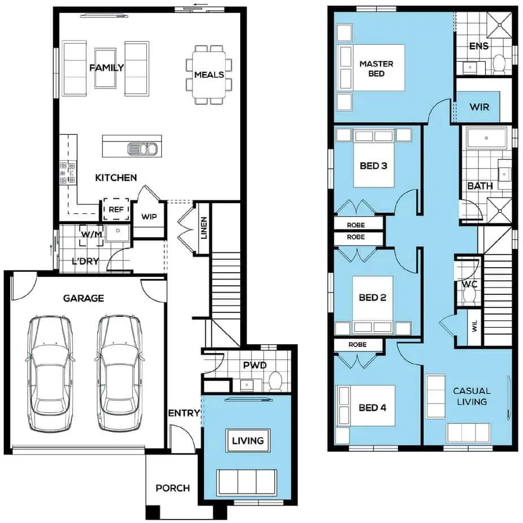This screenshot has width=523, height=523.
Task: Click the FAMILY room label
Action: [x=107, y=68]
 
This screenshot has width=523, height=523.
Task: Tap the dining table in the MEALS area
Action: [x=209, y=75]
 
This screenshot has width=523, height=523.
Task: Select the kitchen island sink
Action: [x=142, y=149]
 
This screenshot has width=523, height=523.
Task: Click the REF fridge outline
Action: [x=116, y=209]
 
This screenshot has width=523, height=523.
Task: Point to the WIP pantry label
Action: [x=149, y=217]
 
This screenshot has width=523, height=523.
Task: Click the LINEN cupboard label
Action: [x=204, y=228]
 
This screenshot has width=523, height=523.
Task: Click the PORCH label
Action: [x=173, y=488]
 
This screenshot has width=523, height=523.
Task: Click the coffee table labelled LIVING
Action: [x=248, y=440]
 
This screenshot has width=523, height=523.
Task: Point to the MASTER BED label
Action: [x=376, y=68]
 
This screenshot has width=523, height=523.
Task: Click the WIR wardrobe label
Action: [x=479, y=107]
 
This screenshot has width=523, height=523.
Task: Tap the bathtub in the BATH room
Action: [x=487, y=138]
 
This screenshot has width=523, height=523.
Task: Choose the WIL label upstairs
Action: [x=475, y=327]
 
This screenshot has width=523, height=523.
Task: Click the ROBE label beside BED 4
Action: [x=357, y=345]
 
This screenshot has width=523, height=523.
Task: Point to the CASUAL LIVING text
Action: [x=472, y=396]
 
